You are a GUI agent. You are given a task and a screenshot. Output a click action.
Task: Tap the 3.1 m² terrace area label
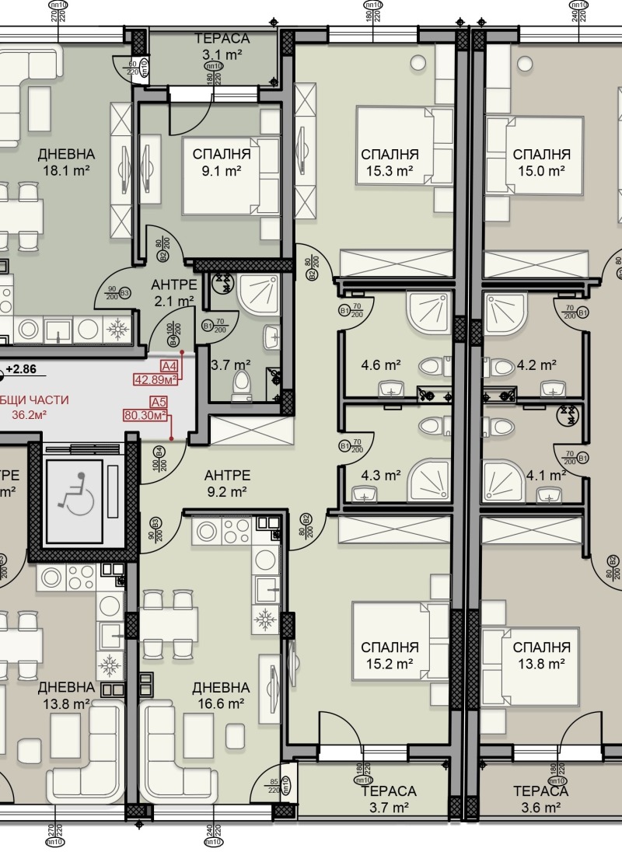point(222,47)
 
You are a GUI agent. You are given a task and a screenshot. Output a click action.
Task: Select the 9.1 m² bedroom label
point(222,162)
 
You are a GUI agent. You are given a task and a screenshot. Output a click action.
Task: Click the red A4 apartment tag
point(169,366)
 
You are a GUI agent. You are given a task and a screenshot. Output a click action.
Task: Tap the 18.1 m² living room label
point(66,162)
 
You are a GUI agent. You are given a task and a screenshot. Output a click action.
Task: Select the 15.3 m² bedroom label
point(390,162)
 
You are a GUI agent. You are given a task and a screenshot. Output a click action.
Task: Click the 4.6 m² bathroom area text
point(381,365)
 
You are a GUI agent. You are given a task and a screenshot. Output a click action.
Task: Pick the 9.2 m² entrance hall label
point(227,483)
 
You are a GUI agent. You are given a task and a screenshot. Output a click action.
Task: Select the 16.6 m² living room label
point(221,696)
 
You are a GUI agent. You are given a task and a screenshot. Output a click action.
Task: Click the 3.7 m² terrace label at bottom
point(390,800)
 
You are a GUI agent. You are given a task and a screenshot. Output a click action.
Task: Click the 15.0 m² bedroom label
point(542,162)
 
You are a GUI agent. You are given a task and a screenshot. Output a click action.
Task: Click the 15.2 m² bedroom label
point(390,655)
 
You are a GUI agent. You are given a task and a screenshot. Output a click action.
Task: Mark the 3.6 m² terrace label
point(540,800)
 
